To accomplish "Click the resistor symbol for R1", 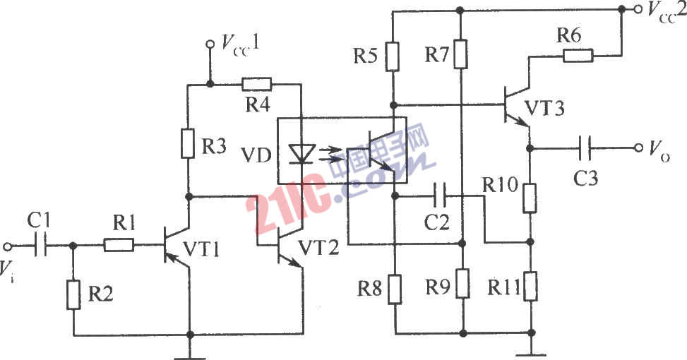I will click(x=118, y=246).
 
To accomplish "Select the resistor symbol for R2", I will click(x=73, y=294).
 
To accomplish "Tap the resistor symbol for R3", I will click(x=189, y=144).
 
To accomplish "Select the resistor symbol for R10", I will click(x=529, y=197).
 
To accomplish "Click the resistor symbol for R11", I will click(x=530, y=284).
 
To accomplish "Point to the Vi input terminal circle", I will click(x=8, y=246).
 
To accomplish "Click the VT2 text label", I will click(x=321, y=248).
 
